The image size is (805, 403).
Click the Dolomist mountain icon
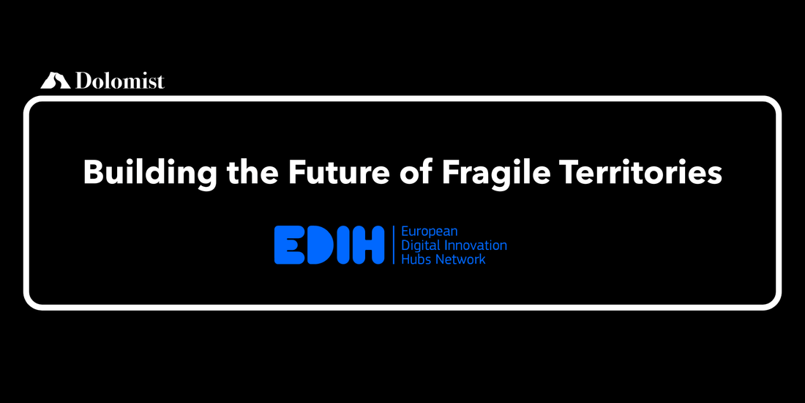[56, 80]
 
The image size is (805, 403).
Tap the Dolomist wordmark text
[120, 81]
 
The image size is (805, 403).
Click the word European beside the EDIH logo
[429, 232]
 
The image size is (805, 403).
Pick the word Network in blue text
[460, 259]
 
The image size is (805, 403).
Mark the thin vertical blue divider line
[393, 245]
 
